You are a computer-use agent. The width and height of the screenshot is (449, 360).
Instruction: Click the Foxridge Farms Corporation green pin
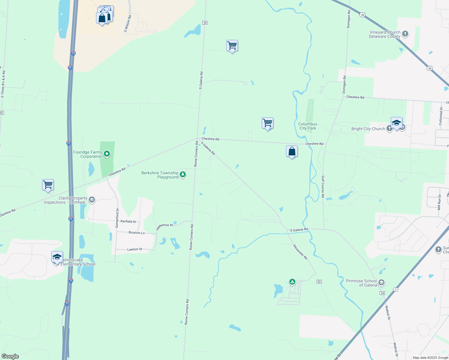(x=107, y=154)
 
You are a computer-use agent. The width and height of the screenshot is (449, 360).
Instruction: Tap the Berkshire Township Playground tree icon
(x=182, y=174)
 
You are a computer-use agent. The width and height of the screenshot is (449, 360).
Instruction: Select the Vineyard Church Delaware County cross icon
(x=405, y=34)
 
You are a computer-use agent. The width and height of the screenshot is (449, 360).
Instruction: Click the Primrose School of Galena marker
(x=381, y=282)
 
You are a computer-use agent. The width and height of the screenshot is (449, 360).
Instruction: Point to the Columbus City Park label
(x=308, y=126)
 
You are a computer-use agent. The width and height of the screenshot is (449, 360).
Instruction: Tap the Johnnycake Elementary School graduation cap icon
(x=57, y=257)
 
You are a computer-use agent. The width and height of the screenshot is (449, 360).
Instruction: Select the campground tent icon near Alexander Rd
(x=292, y=282)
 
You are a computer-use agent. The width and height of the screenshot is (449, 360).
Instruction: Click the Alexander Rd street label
(x=300, y=252)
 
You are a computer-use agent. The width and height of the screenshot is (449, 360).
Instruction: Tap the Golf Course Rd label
(x=323, y=187)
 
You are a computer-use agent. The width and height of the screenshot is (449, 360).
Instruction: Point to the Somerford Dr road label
(x=117, y=218)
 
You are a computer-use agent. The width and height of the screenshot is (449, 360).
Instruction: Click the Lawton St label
(x=135, y=249)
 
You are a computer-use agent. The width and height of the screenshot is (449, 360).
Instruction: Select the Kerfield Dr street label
(x=128, y=221)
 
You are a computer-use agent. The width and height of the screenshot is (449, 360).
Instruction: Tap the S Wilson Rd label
(x=128, y=24)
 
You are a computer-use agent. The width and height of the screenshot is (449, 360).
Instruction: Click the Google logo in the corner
(x=10, y=356)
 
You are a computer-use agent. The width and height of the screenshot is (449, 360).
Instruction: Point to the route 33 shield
(x=319, y=282)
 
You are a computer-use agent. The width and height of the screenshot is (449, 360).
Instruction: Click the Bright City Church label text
(x=368, y=129)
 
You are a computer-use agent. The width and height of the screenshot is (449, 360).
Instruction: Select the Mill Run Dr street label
(x=439, y=202)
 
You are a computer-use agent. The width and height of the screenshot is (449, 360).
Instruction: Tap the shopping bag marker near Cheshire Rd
(x=292, y=151)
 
